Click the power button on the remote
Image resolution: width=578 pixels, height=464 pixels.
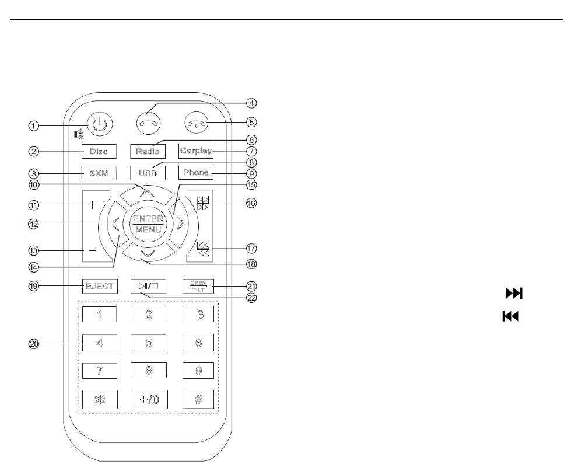100,124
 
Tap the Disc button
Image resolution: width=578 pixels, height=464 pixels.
99,151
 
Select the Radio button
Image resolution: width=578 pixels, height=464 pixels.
147,151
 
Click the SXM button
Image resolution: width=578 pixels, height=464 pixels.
99,173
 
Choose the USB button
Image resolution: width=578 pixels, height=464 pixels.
147,173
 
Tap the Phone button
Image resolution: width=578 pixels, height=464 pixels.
195,173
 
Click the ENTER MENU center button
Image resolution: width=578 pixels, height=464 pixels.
147,224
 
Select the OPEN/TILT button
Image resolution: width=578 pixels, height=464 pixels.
197,286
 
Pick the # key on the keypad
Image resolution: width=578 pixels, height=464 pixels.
198,398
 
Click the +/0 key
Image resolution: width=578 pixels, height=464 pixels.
149,398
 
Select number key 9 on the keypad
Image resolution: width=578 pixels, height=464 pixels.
198,370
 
